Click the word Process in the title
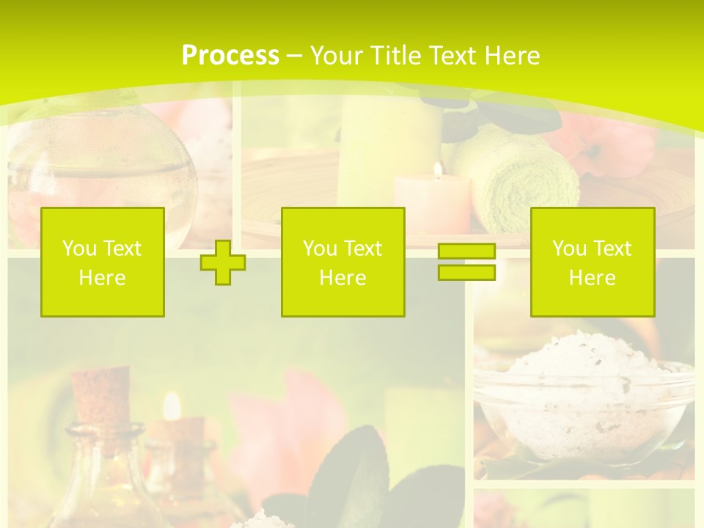click(230, 56)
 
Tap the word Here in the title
click(510, 56)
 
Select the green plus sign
click(223, 263)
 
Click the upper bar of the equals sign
click(466, 252)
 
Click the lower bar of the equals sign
click(466, 272)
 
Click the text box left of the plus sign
click(103, 262)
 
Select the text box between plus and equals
click(342, 262)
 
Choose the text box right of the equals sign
click(592, 262)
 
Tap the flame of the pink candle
click(438, 171)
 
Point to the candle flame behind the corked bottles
click(172, 405)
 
